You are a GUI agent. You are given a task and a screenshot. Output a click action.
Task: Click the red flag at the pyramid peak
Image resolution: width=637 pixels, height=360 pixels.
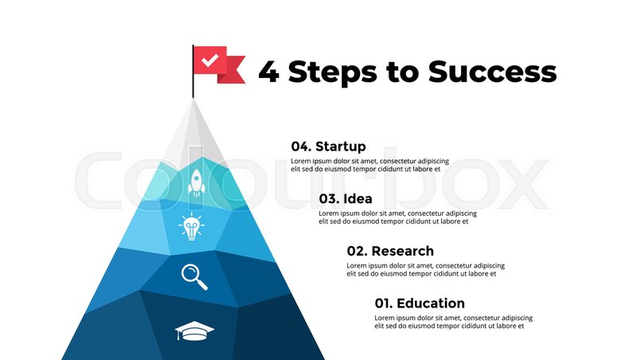click(217, 63)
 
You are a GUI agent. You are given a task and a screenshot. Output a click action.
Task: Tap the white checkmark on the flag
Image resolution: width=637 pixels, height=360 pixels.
click(209, 60)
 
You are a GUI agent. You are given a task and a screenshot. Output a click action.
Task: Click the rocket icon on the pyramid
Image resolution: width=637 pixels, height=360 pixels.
click(195, 182)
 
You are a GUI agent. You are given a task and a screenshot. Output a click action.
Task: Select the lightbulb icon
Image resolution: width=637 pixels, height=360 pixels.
click(191, 226)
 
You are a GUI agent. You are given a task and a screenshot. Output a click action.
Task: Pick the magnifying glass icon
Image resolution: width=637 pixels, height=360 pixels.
click(193, 276)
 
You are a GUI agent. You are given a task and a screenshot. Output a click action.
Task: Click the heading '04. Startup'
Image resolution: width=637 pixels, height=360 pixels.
click(328, 147)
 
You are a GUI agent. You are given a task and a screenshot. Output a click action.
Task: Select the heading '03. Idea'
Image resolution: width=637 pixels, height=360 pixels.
click(345, 199)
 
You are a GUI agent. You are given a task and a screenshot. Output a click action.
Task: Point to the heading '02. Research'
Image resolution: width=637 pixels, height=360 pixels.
click(389, 251)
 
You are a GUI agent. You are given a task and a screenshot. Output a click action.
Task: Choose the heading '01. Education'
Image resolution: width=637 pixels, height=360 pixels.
click(419, 303)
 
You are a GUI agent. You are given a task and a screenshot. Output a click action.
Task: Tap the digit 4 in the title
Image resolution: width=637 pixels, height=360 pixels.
click(268, 72)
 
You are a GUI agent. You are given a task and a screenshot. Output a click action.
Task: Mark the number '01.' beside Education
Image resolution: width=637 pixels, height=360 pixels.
click(384, 303)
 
